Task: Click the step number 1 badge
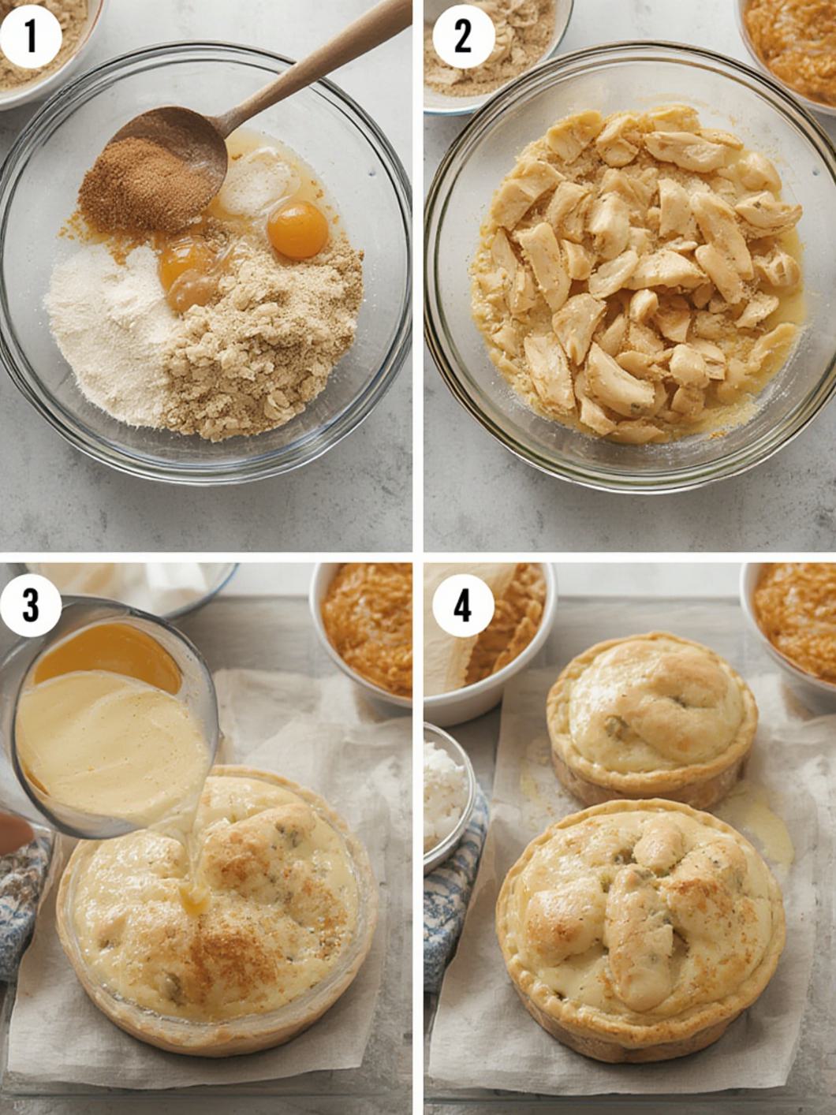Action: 30,36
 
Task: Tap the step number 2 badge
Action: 463,36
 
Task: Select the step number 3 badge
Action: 30,606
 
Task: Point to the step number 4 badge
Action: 463,606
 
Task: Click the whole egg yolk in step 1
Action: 297,229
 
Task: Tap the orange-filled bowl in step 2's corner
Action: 793,43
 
